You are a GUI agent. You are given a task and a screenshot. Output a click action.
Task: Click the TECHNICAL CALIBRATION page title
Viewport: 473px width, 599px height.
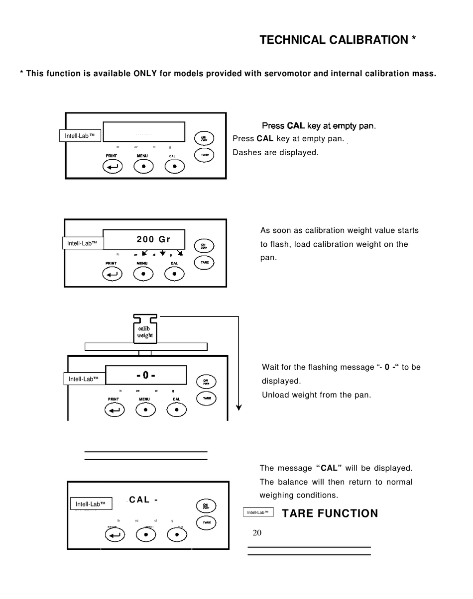338,40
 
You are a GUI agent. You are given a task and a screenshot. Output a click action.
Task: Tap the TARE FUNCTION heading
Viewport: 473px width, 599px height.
330,513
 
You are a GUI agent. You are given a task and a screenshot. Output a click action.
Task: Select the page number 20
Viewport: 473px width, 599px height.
257,533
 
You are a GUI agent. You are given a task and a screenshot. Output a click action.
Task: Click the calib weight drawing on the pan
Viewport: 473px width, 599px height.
145,332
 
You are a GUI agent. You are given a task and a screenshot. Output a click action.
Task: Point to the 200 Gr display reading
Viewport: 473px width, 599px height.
153,239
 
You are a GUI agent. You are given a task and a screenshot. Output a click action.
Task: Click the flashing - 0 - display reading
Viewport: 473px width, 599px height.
146,375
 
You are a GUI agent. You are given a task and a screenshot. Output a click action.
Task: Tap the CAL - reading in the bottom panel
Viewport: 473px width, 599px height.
143,499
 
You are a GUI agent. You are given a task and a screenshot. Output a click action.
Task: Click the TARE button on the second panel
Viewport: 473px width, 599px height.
204,262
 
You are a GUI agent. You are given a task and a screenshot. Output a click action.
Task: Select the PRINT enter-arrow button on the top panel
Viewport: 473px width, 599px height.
112,167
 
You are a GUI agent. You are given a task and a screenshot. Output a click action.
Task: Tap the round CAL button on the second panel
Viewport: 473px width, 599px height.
174,273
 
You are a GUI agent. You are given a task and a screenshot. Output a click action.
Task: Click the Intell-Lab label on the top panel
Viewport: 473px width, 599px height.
80,135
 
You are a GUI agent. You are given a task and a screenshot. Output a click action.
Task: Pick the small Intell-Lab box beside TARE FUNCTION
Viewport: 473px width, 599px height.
258,512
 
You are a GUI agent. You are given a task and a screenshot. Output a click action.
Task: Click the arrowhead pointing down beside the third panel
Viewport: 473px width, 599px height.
239,407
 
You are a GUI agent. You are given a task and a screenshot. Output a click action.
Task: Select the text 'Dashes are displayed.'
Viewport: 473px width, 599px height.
275,152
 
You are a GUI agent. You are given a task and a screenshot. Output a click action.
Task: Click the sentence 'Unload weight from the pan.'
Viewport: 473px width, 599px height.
316,395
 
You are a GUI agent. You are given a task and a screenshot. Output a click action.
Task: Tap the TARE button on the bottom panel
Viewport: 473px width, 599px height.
206,522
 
